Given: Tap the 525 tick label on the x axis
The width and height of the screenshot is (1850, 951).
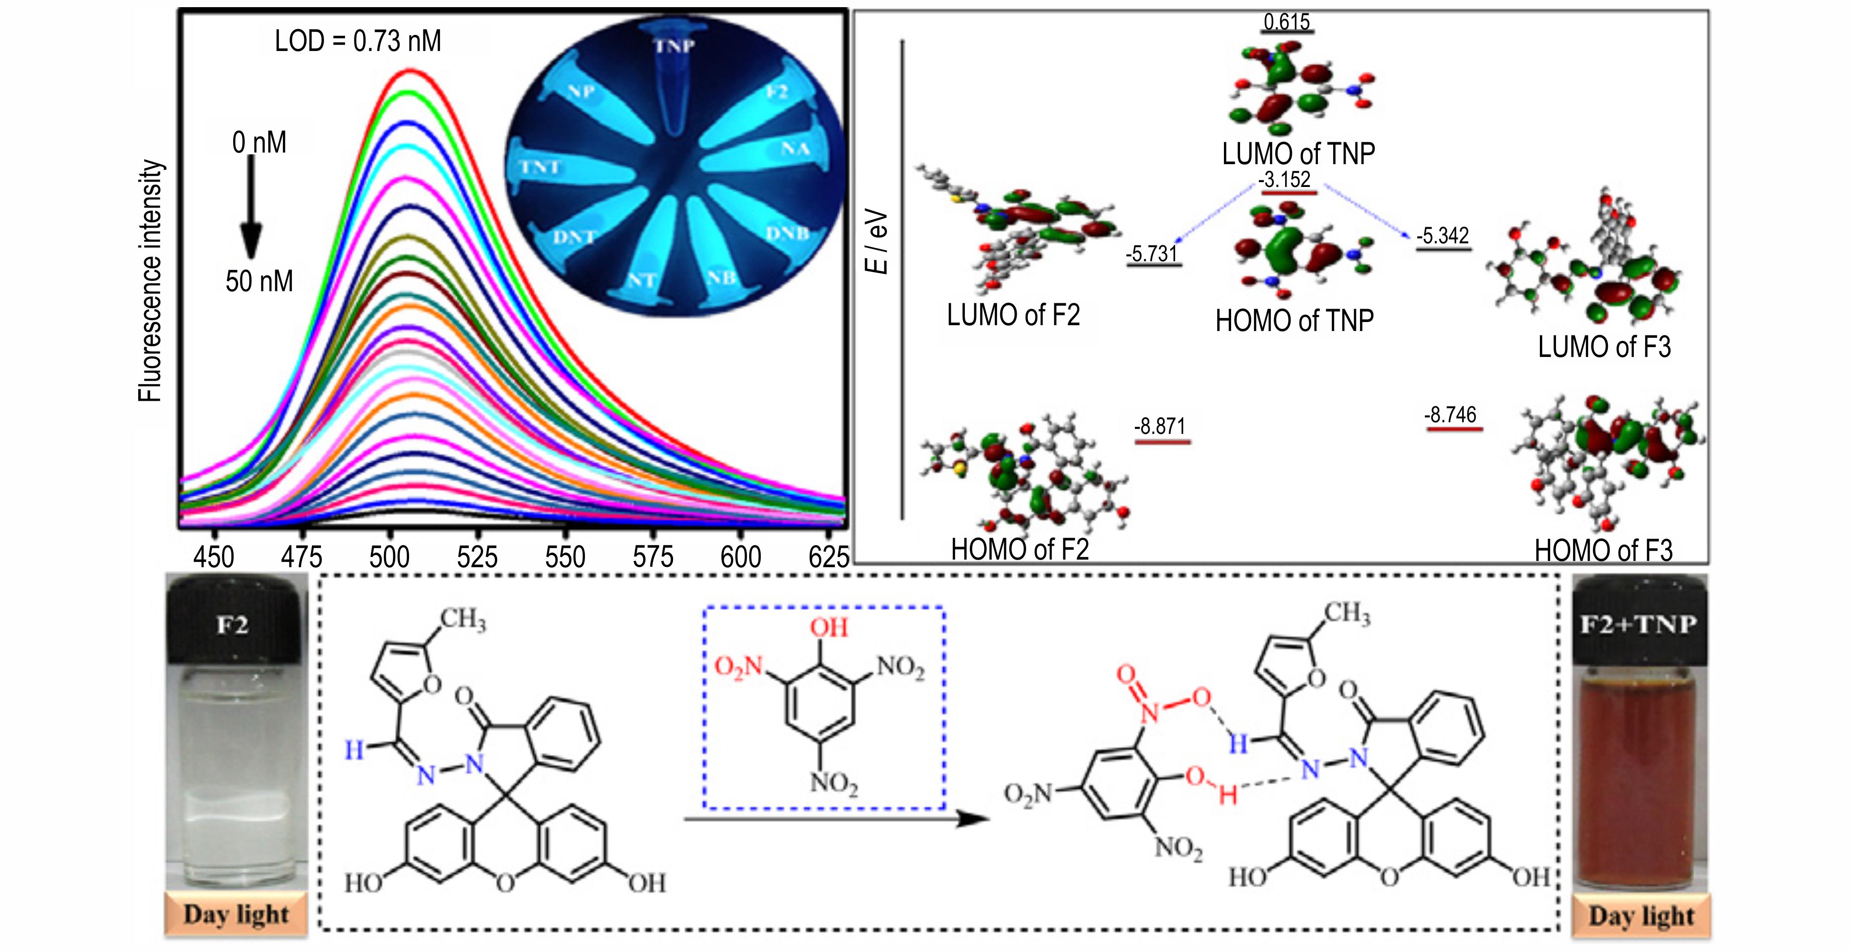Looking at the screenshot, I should [x=477, y=557].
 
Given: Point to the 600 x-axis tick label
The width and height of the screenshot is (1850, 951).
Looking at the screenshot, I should [x=741, y=557].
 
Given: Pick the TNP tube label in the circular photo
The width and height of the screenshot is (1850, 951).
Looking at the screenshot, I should [x=674, y=47].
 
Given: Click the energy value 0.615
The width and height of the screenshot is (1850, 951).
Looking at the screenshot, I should [x=1286, y=21].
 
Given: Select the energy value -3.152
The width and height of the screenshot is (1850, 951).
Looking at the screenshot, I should [x=1285, y=179].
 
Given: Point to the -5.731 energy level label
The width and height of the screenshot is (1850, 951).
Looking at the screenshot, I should [x=1151, y=253].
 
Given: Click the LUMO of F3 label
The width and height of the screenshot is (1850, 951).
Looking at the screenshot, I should [x=1604, y=348].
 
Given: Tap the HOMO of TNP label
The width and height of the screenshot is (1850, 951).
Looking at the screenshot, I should [x=1294, y=321].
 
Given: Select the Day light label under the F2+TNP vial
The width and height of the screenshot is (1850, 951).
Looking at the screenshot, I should [x=1641, y=916].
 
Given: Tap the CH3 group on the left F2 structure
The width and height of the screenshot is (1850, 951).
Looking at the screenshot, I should [x=463, y=619].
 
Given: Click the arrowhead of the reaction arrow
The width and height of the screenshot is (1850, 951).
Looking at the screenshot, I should [x=973, y=819].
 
